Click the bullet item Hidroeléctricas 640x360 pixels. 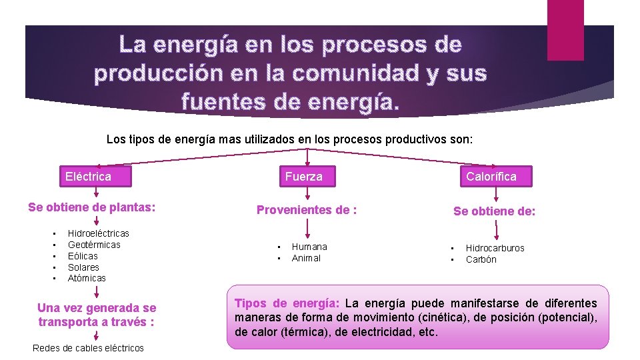click(x=98, y=233)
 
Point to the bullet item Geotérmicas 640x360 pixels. click(x=94, y=245)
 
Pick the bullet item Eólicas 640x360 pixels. click(x=83, y=256)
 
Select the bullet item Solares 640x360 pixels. click(x=83, y=267)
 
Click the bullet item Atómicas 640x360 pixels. click(x=87, y=278)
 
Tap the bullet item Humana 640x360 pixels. click(x=309, y=247)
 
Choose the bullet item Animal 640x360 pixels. click(x=306, y=258)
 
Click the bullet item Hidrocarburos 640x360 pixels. click(x=495, y=248)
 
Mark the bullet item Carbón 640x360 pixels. click(x=481, y=259)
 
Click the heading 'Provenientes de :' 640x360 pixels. click(x=307, y=210)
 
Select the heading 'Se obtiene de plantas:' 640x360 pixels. click(x=92, y=207)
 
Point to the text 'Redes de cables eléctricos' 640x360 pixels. click(x=87, y=348)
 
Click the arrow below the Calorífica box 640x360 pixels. click(x=495, y=194)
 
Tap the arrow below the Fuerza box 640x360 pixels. click(x=306, y=194)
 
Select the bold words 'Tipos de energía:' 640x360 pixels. click(x=287, y=303)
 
